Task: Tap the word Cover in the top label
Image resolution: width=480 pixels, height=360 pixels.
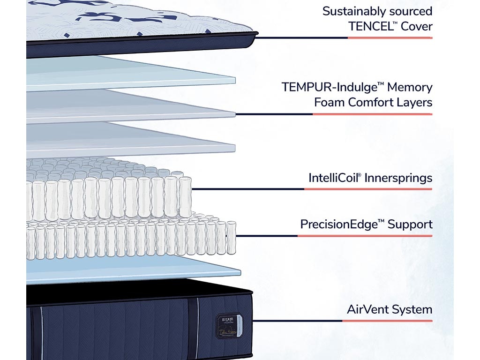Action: tap(416, 26)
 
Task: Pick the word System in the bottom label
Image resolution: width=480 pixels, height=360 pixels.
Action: tap(412, 309)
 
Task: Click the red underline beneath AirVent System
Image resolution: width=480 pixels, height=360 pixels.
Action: tap(387, 321)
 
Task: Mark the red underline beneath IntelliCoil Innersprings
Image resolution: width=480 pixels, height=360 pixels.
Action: tap(368, 189)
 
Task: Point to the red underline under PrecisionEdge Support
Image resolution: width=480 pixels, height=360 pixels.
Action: tap(365, 236)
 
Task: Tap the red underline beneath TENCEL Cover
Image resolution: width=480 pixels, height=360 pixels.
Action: tap(390, 38)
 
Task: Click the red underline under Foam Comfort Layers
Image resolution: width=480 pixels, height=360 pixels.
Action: tap(372, 114)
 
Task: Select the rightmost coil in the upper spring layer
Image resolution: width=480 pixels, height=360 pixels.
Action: tap(185, 197)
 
